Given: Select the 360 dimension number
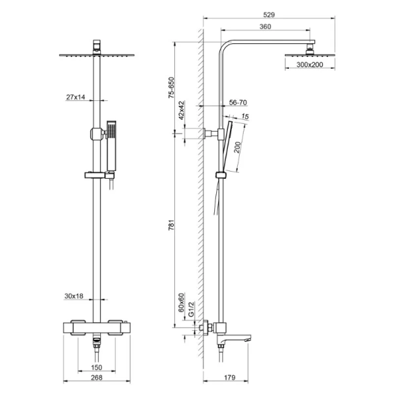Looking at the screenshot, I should (265, 27).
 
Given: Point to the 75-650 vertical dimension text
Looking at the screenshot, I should (172, 88).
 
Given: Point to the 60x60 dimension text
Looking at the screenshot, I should (181, 303).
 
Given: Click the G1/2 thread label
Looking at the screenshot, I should (191, 308).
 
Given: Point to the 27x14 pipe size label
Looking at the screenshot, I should (76, 97).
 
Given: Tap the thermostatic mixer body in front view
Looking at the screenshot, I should (97, 325).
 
